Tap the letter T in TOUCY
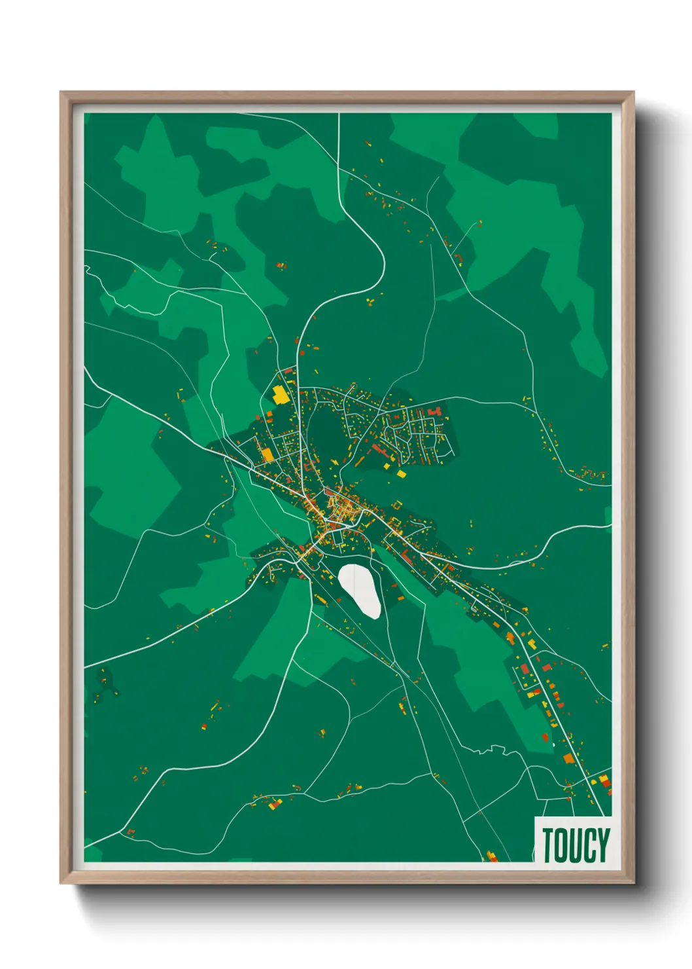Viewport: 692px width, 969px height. click(549, 845)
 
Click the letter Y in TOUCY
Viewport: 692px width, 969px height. click(604, 845)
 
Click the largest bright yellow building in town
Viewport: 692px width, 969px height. click(280, 395)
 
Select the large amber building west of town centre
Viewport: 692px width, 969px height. click(267, 454)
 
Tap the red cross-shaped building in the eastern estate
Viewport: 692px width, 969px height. click(434, 411)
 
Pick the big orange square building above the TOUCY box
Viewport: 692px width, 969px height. click(568, 758)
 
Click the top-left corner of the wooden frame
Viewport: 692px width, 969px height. click(61, 93)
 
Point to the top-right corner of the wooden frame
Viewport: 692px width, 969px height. click(632, 93)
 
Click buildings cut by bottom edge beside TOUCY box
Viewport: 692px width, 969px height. click(491, 856)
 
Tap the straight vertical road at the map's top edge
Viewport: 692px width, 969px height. click(339, 141)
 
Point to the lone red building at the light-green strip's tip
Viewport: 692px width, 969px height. click(545, 737)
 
